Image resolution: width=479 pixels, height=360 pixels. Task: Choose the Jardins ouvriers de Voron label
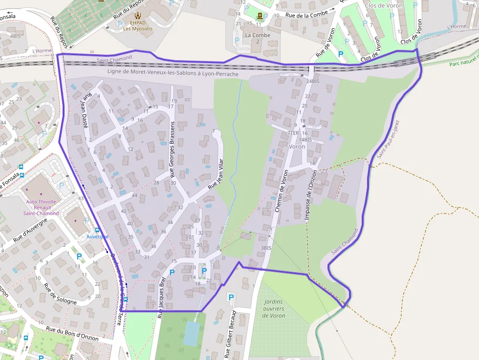tap(273, 309)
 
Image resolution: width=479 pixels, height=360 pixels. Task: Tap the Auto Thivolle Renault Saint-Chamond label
tap(42, 207)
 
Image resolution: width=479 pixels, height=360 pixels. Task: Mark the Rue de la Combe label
tap(306, 15)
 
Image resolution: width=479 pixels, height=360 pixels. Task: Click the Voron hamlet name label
tap(297, 146)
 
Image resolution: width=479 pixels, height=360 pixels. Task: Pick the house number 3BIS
tap(266, 248)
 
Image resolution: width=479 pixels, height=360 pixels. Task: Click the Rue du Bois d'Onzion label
tap(72, 333)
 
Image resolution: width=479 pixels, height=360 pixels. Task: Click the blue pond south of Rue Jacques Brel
tap(191, 334)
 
